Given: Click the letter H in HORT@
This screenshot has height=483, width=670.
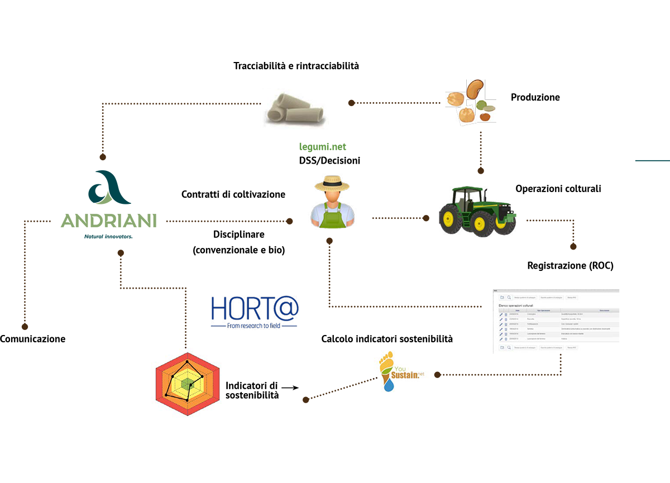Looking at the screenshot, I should coord(218,308).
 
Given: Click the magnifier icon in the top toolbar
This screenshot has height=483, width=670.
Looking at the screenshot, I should coord(509,298).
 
